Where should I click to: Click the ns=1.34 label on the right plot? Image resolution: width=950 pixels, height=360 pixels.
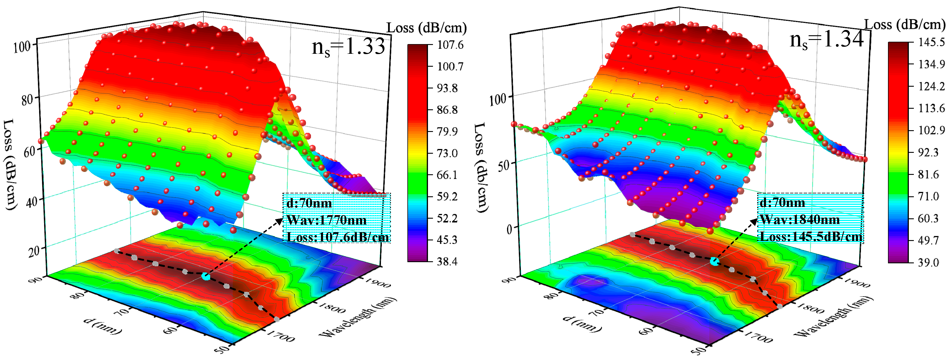click(x=826, y=40)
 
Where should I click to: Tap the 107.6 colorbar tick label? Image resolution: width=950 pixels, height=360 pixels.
click(x=450, y=45)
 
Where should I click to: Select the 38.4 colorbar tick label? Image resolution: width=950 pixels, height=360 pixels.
click(x=447, y=262)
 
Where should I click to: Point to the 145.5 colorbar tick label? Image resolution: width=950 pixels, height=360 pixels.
click(x=931, y=42)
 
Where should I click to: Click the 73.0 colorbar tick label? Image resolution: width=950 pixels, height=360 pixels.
click(x=447, y=153)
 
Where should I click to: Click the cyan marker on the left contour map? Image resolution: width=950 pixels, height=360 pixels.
click(x=206, y=276)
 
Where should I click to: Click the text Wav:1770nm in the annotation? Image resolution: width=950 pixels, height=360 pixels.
click(x=326, y=220)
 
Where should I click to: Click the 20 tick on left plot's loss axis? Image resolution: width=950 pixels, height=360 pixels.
click(x=34, y=252)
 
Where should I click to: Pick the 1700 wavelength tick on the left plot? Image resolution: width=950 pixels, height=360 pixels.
click(x=280, y=336)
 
